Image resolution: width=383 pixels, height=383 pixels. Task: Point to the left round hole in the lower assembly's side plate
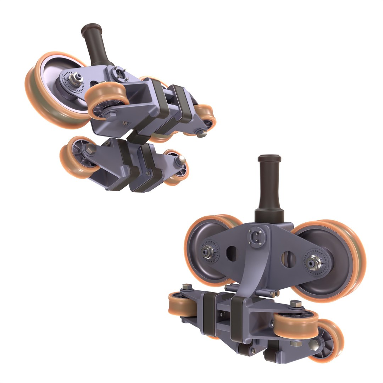point(231,254)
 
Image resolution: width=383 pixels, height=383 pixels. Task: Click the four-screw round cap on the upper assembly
point(119,74)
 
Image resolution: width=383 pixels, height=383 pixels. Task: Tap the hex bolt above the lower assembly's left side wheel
point(187,287)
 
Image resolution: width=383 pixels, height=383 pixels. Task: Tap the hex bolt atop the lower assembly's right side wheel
point(295,304)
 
